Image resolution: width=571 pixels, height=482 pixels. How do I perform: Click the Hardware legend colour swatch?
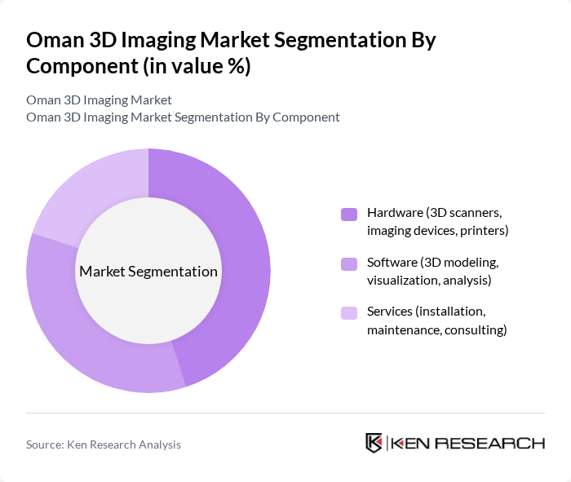(x=349, y=214)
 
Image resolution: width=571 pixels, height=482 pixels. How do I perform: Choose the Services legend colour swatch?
(x=349, y=313)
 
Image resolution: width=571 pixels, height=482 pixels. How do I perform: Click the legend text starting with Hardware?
(x=437, y=222)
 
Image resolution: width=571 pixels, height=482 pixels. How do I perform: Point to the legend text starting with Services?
(x=436, y=321)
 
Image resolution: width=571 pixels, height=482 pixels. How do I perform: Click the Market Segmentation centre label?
(x=148, y=272)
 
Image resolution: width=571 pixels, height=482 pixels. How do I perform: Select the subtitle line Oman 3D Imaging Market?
(x=99, y=99)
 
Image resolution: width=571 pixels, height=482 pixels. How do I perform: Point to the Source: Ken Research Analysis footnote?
(x=104, y=444)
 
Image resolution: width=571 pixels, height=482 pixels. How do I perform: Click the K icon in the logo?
(x=374, y=444)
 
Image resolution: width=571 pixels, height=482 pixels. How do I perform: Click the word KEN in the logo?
(x=410, y=444)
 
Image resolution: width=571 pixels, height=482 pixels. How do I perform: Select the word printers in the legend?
(x=484, y=231)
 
